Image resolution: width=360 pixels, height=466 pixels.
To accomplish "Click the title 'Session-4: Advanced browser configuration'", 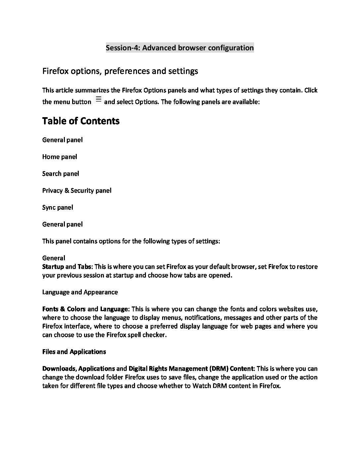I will [x=180, y=48].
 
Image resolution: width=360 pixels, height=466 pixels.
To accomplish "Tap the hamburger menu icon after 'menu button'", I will [x=98, y=99].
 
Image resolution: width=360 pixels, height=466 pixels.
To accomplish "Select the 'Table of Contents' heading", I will [x=81, y=121].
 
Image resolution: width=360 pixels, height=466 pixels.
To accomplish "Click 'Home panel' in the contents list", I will [x=60, y=157].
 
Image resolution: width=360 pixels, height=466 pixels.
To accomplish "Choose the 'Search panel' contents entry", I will [x=61, y=174].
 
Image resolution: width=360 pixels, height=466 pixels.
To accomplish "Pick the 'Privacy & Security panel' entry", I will [x=77, y=191].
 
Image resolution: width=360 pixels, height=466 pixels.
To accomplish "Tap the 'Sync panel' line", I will [x=58, y=208].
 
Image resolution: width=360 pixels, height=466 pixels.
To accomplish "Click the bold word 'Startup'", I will [x=53, y=267].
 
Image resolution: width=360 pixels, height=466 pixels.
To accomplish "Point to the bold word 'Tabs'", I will [x=84, y=267].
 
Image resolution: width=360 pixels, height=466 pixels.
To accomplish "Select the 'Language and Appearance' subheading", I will [x=80, y=292].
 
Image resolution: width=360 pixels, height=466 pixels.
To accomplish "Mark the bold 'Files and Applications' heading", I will [x=74, y=352].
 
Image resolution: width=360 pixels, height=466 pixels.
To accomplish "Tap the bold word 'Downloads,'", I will [x=60, y=369].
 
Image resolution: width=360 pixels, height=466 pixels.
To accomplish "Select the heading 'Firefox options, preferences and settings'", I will [x=120, y=71].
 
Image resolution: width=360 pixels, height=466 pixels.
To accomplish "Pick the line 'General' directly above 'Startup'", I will [x=54, y=258].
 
